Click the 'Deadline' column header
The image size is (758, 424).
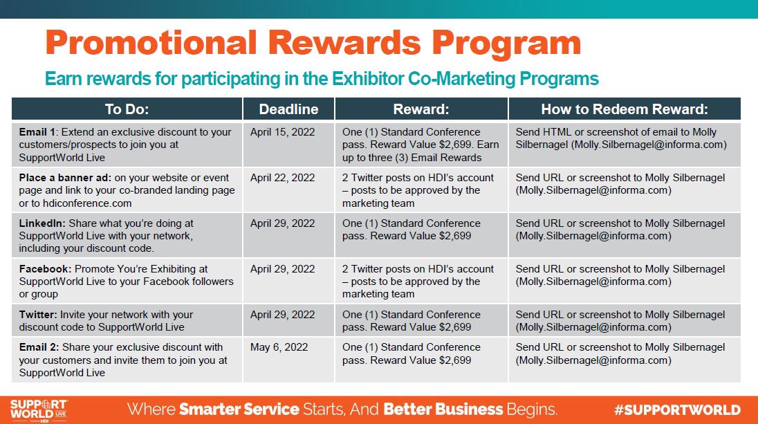click(288, 109)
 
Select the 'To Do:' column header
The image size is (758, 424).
click(127, 109)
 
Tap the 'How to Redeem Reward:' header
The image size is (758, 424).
click(625, 109)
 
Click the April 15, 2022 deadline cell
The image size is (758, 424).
click(282, 132)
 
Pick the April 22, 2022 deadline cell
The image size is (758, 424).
click(282, 178)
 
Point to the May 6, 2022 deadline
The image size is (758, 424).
click(279, 347)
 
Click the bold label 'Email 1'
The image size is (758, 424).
click(38, 132)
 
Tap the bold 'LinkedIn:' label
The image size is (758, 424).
click(42, 223)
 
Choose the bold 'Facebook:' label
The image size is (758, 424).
click(45, 269)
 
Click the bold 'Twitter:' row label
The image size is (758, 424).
click(38, 314)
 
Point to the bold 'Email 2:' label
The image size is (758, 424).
click(39, 347)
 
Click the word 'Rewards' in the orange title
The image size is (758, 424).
click(344, 43)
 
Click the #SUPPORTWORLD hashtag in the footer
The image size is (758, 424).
click(677, 410)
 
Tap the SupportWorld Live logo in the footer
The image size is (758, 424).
click(39, 410)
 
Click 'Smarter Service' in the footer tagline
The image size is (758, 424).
click(239, 409)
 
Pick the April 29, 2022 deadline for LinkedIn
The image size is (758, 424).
click(282, 223)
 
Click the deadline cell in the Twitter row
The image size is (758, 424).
click(282, 314)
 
